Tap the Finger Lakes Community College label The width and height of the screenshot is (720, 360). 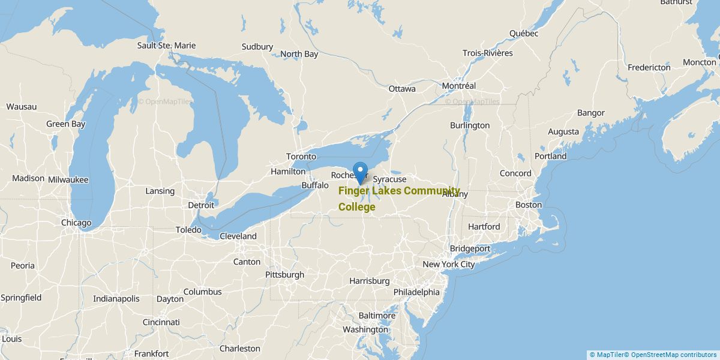pyautogui.click(x=398, y=199)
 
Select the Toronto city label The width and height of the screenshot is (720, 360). pyautogui.click(x=301, y=157)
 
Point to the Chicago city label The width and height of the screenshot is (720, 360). pyautogui.click(x=76, y=223)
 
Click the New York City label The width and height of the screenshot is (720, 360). pyautogui.click(x=448, y=265)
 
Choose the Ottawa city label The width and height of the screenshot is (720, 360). pyautogui.click(x=401, y=89)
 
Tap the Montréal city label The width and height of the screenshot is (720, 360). pyautogui.click(x=458, y=86)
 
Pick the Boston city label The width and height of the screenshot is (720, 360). pyautogui.click(x=528, y=205)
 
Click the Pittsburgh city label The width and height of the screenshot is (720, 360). pyautogui.click(x=284, y=275)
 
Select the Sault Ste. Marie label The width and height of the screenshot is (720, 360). pyautogui.click(x=166, y=46)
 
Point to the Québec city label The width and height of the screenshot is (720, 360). pyautogui.click(x=524, y=34)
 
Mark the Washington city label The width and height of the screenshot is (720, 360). pyautogui.click(x=365, y=329)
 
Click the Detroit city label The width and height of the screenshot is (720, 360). pyautogui.click(x=200, y=205)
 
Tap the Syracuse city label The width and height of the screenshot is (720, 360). pyautogui.click(x=389, y=179)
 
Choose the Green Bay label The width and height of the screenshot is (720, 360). pyautogui.click(x=66, y=124)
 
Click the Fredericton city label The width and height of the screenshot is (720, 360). pyautogui.click(x=649, y=68)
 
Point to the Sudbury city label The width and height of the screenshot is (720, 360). pyautogui.click(x=257, y=47)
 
